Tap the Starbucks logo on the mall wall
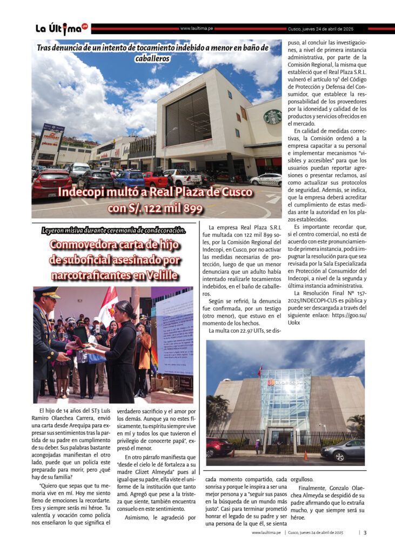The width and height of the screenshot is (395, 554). coord(272,116)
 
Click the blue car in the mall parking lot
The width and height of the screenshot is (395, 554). coord(129,179)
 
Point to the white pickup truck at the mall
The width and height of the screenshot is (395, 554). coord(182,177)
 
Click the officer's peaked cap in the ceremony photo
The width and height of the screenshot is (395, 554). coord(48,292)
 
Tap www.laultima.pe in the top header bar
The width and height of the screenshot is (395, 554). coord(196,28)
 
